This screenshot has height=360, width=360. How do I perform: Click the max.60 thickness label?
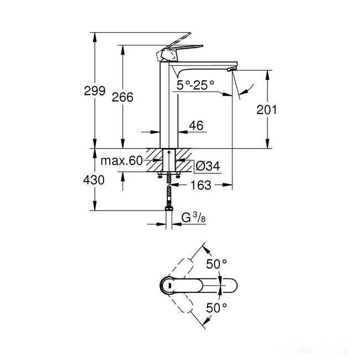[x=121, y=161]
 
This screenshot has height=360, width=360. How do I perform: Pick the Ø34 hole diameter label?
[x=209, y=166]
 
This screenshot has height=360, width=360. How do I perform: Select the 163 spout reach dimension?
[x=200, y=186]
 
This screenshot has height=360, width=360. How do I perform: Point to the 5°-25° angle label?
[x=195, y=85]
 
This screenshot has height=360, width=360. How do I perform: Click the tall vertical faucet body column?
[x=168, y=105]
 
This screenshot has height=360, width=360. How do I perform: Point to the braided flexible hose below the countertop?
[x=168, y=194]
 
